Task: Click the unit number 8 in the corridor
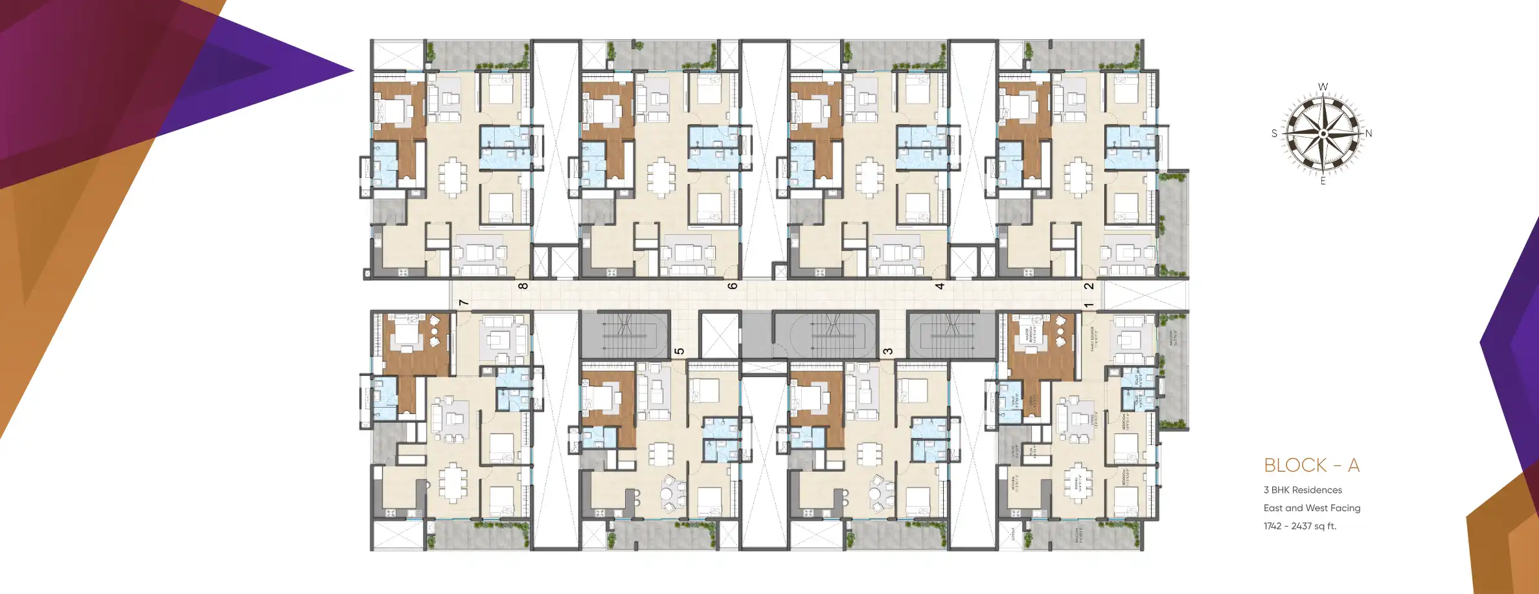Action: [523, 285]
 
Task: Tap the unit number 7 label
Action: [463, 302]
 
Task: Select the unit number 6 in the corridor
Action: [733, 285]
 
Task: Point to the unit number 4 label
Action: [940, 285]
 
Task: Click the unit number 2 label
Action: [1089, 285]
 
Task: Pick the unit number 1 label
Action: [1089, 305]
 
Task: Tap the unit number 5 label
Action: [679, 351]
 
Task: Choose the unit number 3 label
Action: [887, 351]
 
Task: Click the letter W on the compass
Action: [1323, 87]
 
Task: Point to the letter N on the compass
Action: [1369, 133]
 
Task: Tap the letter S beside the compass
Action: [1274, 133]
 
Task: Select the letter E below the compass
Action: [1323, 181]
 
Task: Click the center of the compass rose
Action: [1323, 133]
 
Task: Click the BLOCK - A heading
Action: [1311, 465]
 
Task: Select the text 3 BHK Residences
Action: [1303, 490]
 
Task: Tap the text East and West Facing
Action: [1312, 508]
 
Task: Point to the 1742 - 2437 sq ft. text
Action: [1299, 526]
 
